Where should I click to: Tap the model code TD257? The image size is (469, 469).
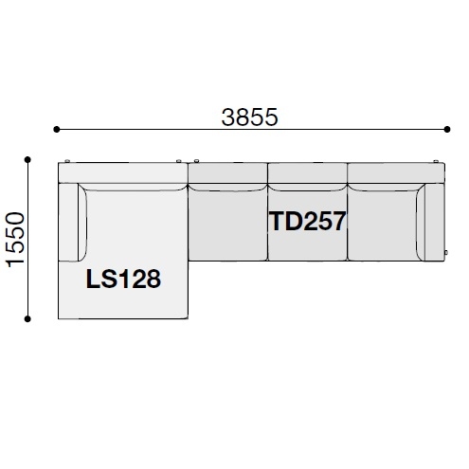(307, 223)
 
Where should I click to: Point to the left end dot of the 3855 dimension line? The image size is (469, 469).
(58, 128)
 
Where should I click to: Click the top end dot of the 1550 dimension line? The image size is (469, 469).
(30, 159)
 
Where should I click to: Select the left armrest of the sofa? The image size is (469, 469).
(71, 223)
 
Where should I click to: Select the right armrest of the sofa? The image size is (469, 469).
(433, 224)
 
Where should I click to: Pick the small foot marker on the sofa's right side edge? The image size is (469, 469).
(447, 252)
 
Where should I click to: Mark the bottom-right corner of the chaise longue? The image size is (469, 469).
(188, 318)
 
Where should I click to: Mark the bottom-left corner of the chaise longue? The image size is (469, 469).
(59, 318)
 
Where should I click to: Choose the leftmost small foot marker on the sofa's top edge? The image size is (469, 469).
(70, 159)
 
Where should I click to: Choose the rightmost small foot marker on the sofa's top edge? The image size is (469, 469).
(435, 159)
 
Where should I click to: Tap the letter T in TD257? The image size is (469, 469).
(275, 223)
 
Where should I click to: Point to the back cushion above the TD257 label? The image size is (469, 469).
(307, 174)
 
